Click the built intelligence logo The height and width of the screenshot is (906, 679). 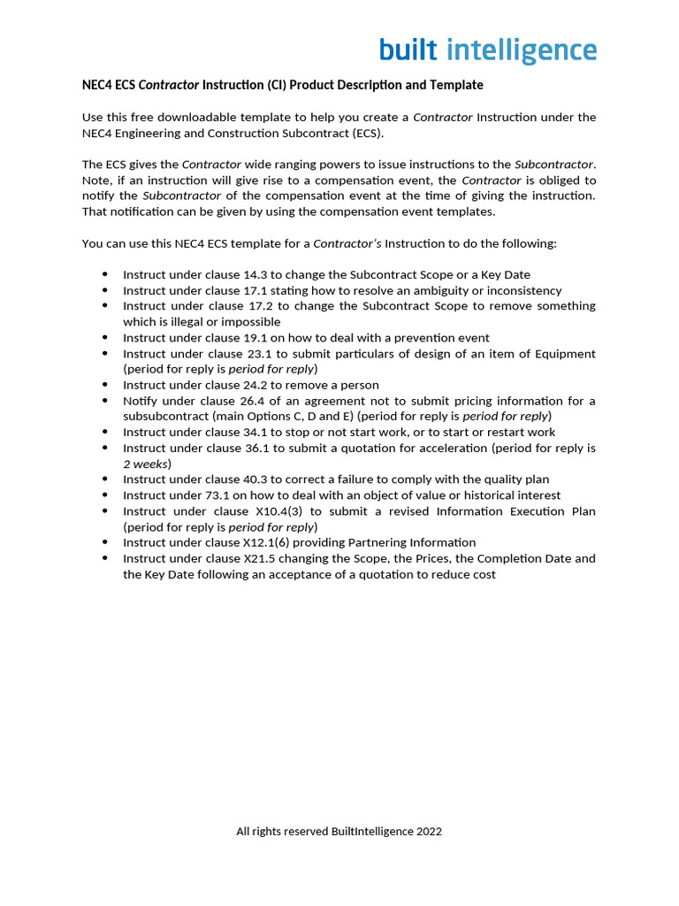pyautogui.click(x=488, y=50)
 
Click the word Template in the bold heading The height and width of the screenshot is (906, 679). pyautogui.click(x=455, y=85)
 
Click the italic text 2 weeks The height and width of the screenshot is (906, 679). pyautogui.click(x=145, y=464)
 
